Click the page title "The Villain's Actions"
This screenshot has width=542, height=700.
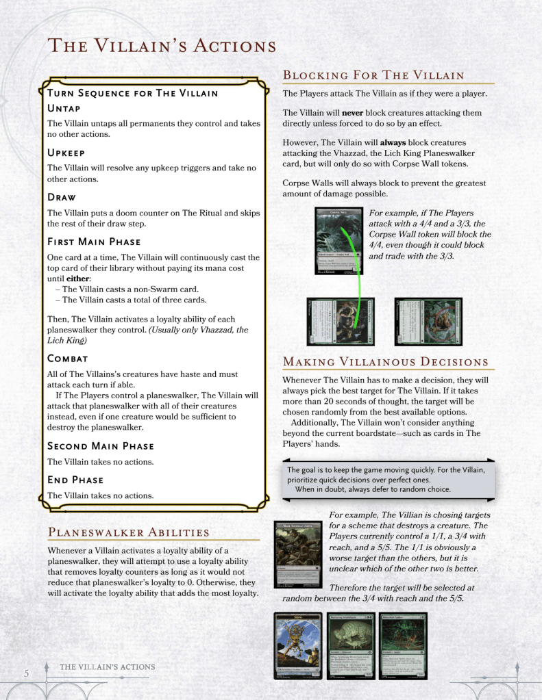[161, 46]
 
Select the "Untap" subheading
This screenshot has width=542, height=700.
[64, 108]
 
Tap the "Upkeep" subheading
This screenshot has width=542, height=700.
[66, 153]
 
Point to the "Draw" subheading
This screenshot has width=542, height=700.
[62, 197]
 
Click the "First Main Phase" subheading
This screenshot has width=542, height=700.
[94, 242]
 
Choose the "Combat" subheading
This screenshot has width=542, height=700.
[67, 359]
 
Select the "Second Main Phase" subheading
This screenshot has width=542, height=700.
[100, 446]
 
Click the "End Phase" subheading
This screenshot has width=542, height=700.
[75, 480]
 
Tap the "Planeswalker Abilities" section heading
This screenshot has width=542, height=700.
[128, 532]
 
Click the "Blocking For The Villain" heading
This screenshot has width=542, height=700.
[373, 75]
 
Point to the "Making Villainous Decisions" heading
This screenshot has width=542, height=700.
[385, 362]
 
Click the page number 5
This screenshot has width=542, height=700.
[26, 673]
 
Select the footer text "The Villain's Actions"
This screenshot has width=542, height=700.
[107, 667]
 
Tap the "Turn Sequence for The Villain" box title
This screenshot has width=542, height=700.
[132, 93]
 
